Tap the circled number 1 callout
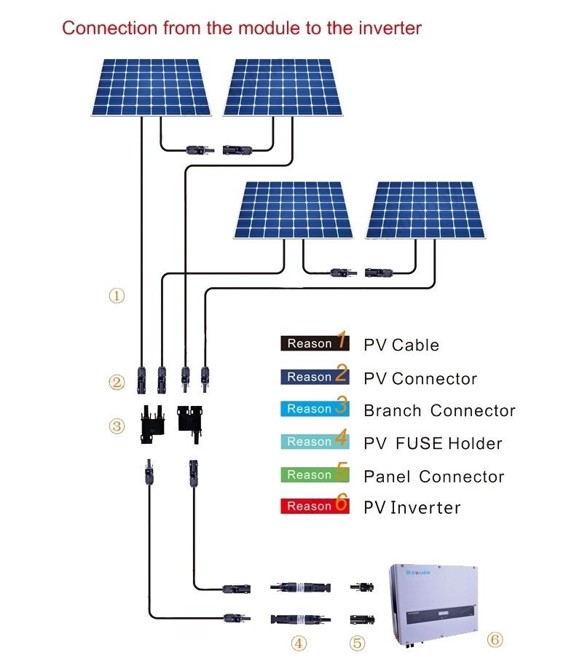click(x=117, y=296)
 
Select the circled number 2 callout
click(x=117, y=381)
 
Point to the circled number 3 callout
click(x=117, y=426)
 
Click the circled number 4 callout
click(x=299, y=644)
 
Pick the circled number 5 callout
click(x=356, y=644)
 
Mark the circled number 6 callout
click(x=495, y=640)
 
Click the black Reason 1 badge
click(x=314, y=343)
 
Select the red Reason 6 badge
click(x=314, y=505)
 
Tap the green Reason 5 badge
click(x=314, y=474)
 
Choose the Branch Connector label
click(x=439, y=411)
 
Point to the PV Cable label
click(x=401, y=345)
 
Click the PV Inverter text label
click(x=412, y=507)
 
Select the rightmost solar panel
click(x=426, y=210)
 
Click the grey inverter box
click(x=436, y=601)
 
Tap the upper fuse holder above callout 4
click(x=300, y=586)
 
